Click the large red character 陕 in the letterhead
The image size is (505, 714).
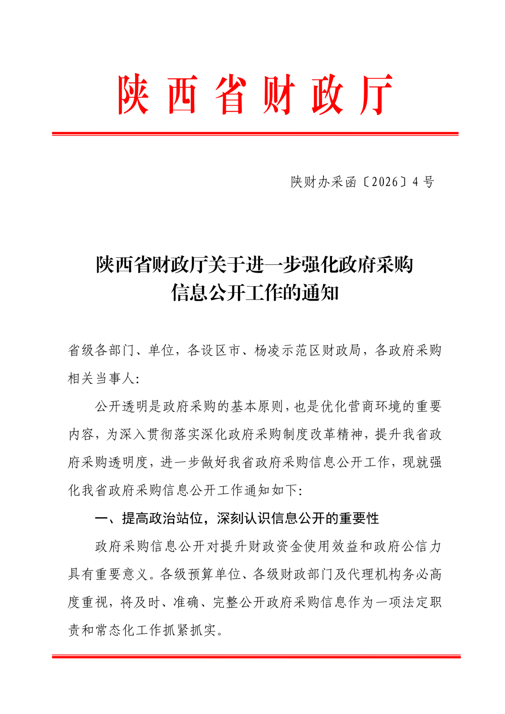point(134,95)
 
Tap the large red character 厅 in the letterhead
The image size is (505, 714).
point(376,95)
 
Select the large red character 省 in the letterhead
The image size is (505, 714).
point(231,95)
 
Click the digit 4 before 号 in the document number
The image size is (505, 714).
point(415,182)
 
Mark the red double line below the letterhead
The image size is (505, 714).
point(255,134)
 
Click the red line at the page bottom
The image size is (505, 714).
point(256,656)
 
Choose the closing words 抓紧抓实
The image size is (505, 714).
point(189,630)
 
